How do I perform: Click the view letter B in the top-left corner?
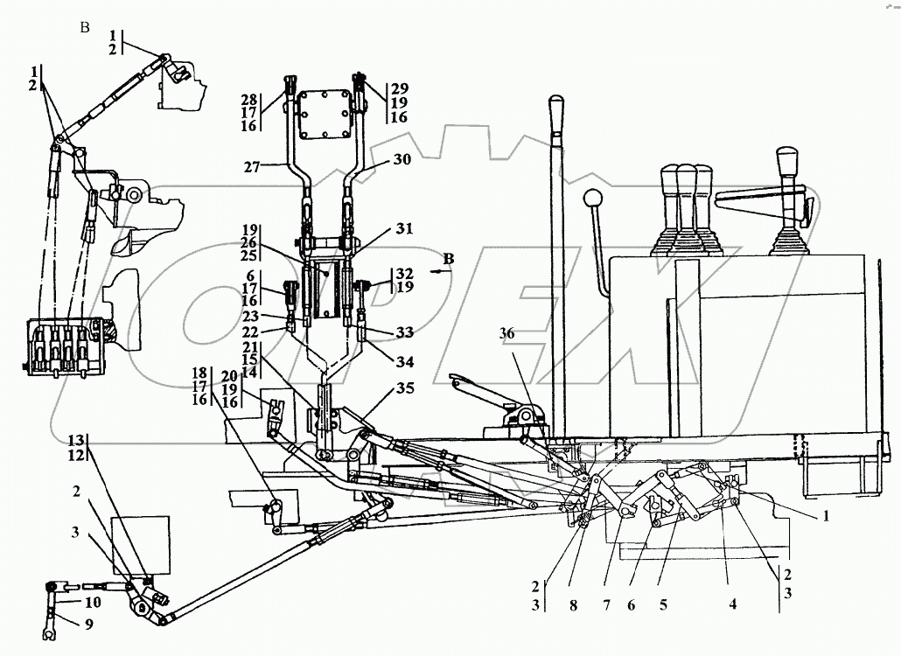coord(85,27)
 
